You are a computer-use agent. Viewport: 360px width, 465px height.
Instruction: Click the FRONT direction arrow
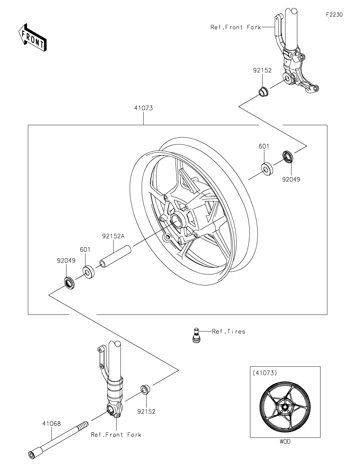pyautogui.click(x=32, y=37)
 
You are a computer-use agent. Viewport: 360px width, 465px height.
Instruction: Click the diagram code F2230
pyautogui.click(x=334, y=15)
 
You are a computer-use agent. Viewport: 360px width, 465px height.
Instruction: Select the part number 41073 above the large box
pyautogui.click(x=143, y=108)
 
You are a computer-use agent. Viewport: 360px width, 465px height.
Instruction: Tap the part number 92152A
pyautogui.click(x=113, y=236)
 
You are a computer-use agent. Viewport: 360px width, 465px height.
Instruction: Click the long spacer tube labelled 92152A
pyautogui.click(x=115, y=256)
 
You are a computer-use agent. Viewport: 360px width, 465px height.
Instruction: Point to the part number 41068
pyautogui.click(x=52, y=423)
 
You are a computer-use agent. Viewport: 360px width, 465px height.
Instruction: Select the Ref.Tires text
pyautogui.click(x=228, y=331)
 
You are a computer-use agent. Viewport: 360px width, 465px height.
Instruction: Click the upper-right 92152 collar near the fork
pyautogui.click(x=263, y=92)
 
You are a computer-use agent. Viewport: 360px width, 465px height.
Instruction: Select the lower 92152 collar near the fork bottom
pyautogui.click(x=145, y=389)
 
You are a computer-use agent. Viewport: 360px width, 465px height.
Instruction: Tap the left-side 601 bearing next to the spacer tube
pyautogui.click(x=88, y=272)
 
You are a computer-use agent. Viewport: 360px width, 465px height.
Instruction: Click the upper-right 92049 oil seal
pyautogui.click(x=288, y=157)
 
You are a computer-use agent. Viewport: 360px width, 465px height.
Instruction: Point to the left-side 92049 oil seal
pyautogui.click(x=70, y=283)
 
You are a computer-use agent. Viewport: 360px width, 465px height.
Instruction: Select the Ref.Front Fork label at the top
pyautogui.click(x=236, y=27)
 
